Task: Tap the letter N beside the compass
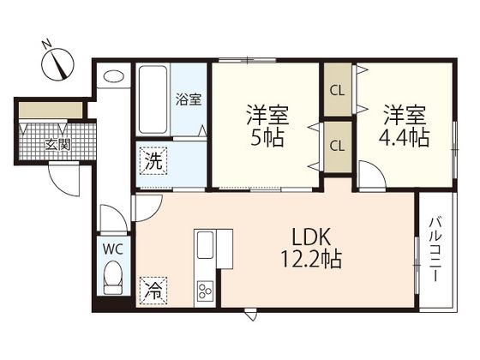[x=47, y=44]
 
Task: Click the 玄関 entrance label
[x=58, y=144]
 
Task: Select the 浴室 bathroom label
[x=189, y=99]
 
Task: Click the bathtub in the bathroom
[x=153, y=99]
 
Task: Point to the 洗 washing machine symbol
[x=153, y=161]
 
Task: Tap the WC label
[x=113, y=249]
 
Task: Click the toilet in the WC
[x=113, y=279]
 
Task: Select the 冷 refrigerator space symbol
[x=153, y=291]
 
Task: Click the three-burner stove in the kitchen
[x=205, y=291]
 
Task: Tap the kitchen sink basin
[x=205, y=245]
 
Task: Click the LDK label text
[x=312, y=237]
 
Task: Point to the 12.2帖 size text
[x=311, y=259]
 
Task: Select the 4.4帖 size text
[x=404, y=137]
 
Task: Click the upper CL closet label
[x=338, y=91]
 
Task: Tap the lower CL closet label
[x=338, y=146]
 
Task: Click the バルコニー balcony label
[x=435, y=249]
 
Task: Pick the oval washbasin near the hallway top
[x=113, y=76]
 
